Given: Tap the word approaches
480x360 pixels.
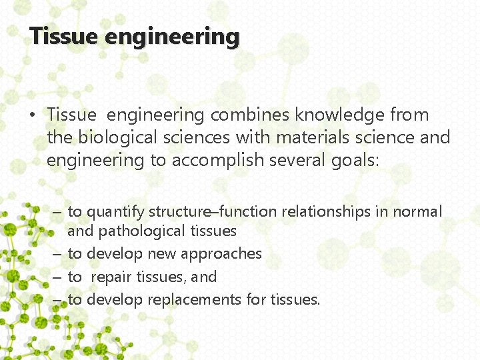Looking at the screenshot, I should tap(223, 254).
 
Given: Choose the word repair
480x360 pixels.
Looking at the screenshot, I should tap(111, 277).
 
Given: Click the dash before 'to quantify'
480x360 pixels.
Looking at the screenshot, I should tap(57, 213).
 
